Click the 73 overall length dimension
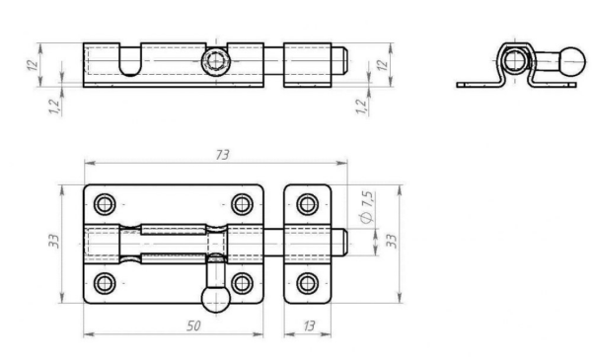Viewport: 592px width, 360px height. [222, 155]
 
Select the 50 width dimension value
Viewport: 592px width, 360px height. [193, 325]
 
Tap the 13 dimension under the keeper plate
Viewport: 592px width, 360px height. [309, 325]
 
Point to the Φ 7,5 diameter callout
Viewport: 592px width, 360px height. [367, 207]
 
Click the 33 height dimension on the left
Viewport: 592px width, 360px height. [54, 241]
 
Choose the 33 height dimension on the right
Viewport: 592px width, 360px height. [392, 241]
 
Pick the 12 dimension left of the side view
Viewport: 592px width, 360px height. [33, 65]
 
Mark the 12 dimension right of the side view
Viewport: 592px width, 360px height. [383, 65]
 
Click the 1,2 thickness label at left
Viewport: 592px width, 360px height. [55, 107]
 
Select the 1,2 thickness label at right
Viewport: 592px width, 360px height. [362, 107]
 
